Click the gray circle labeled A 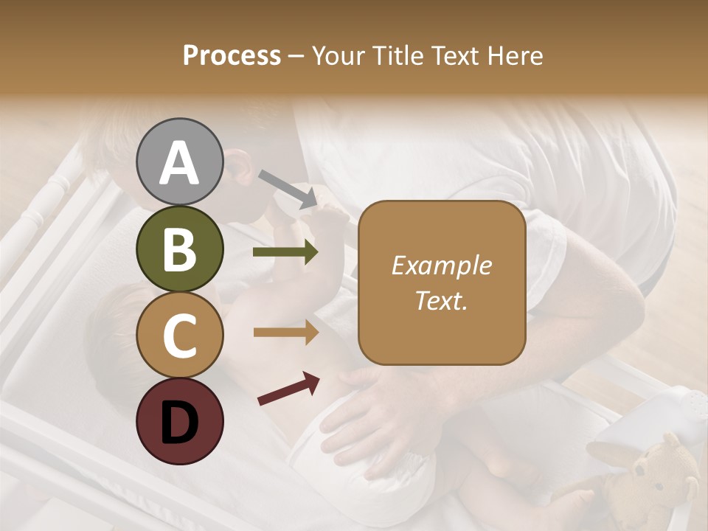click(179, 162)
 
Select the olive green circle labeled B click(179, 249)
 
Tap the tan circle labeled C click(179, 335)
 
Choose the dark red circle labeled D click(179, 421)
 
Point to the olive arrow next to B click(285, 252)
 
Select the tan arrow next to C click(285, 333)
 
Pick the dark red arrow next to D click(288, 389)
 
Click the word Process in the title click(232, 56)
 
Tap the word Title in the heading click(398, 56)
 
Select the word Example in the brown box click(441, 266)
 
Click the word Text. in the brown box click(441, 300)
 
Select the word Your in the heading click(339, 56)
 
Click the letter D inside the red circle click(179, 423)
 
